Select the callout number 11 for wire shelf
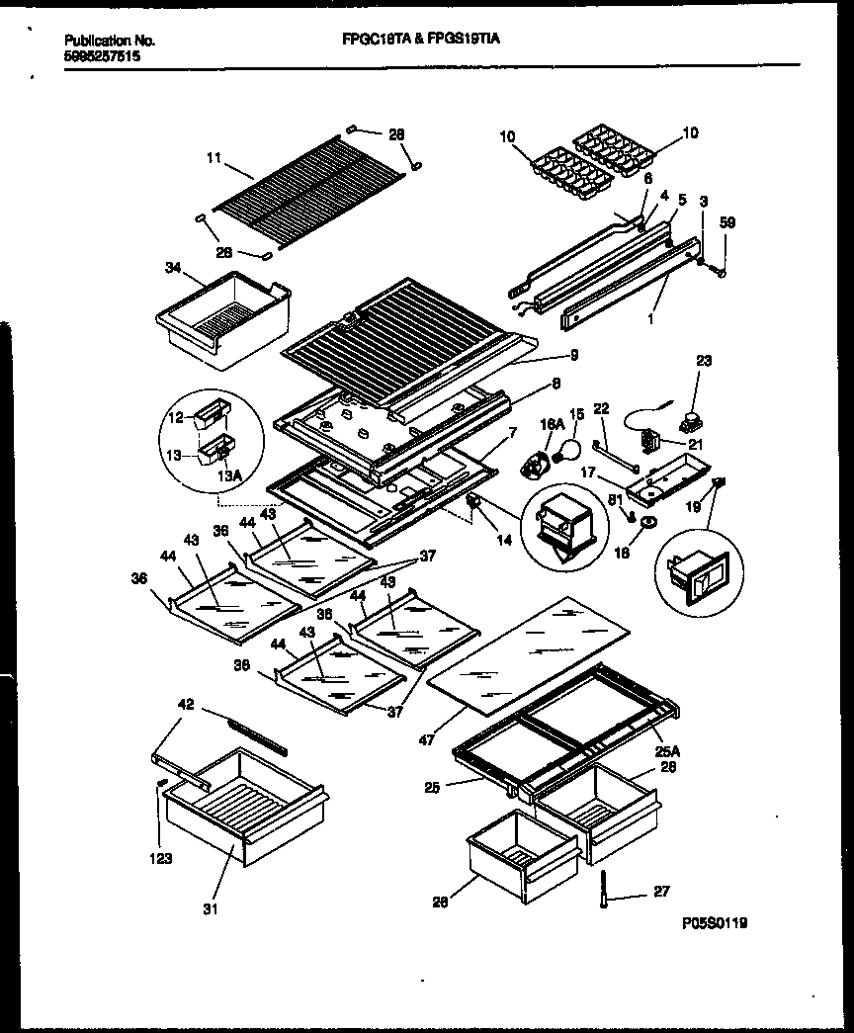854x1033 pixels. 213,157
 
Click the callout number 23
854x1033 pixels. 704,362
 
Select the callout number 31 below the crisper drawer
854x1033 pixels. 209,908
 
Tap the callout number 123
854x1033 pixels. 161,858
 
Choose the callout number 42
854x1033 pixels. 187,705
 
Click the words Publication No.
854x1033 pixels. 109,42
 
